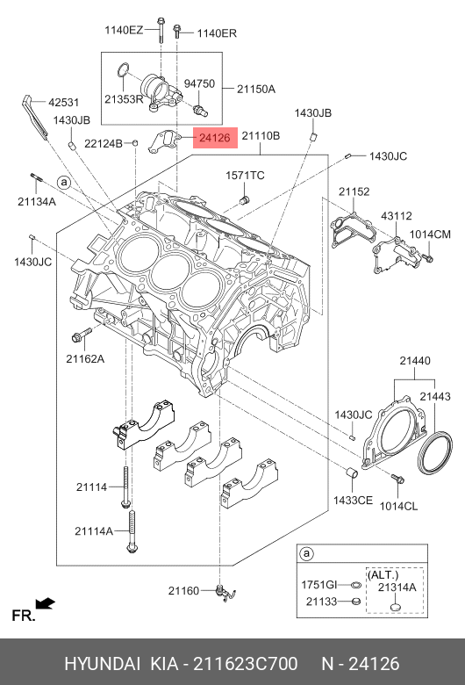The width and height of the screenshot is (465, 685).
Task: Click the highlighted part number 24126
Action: click(214, 138)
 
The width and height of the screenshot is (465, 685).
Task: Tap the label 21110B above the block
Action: click(261, 136)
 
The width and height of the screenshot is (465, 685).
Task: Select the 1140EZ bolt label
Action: click(124, 30)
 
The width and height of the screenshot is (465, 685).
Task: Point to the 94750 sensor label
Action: click(199, 83)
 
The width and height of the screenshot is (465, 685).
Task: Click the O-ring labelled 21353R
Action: click(124, 69)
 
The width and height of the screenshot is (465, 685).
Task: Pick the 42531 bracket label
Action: click(64, 102)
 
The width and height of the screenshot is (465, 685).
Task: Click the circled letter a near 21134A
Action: click(64, 182)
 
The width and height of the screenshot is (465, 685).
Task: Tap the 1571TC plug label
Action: click(245, 175)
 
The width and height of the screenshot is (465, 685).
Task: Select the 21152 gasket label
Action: click(354, 191)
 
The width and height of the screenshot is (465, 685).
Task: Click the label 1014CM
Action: click(430, 234)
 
